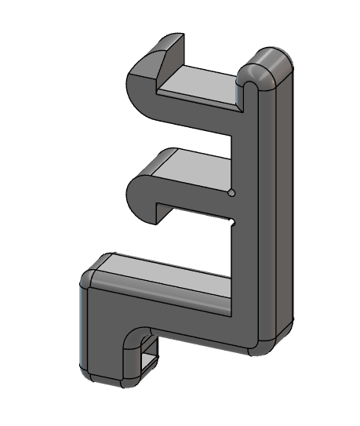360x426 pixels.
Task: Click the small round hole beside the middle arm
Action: click(231, 191)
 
